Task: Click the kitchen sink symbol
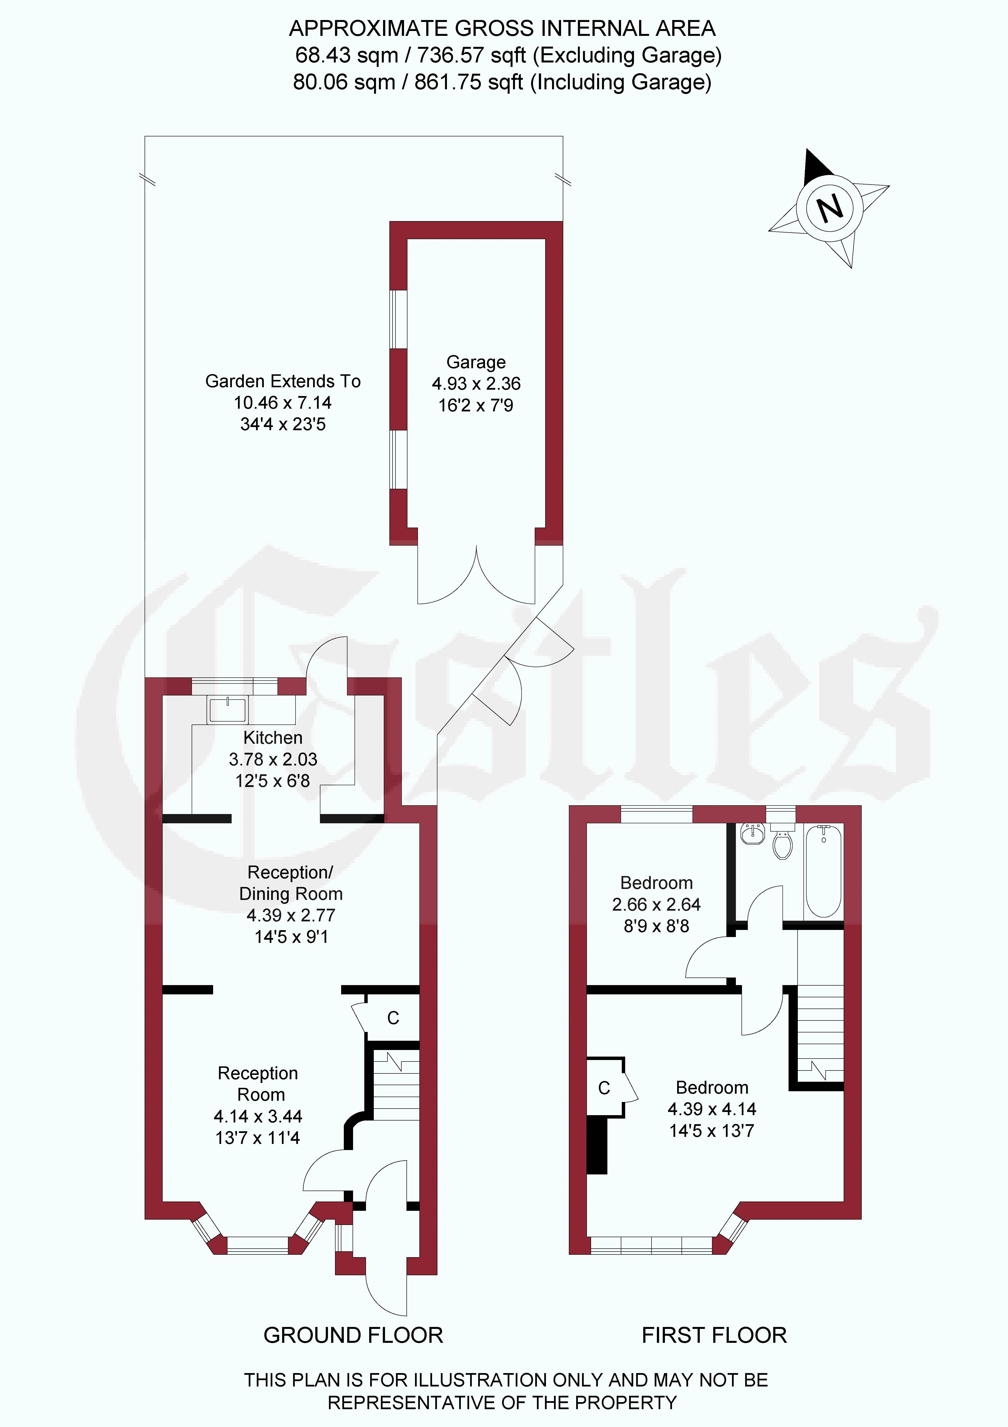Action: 228,710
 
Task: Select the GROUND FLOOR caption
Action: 353,1335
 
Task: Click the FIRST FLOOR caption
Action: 714,1335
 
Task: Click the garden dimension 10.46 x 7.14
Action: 283,403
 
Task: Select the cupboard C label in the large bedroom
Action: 604,1088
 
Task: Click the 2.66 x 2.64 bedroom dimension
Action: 656,904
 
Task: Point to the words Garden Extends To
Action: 283,381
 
